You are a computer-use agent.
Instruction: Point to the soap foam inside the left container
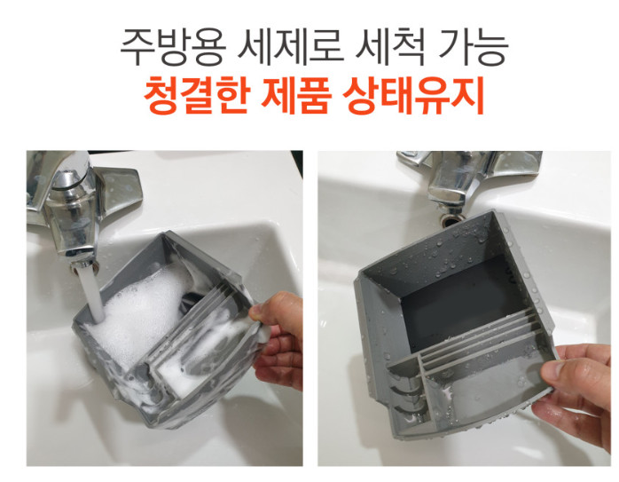point(133,311)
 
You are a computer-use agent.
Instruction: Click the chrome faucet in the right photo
point(461,178)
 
